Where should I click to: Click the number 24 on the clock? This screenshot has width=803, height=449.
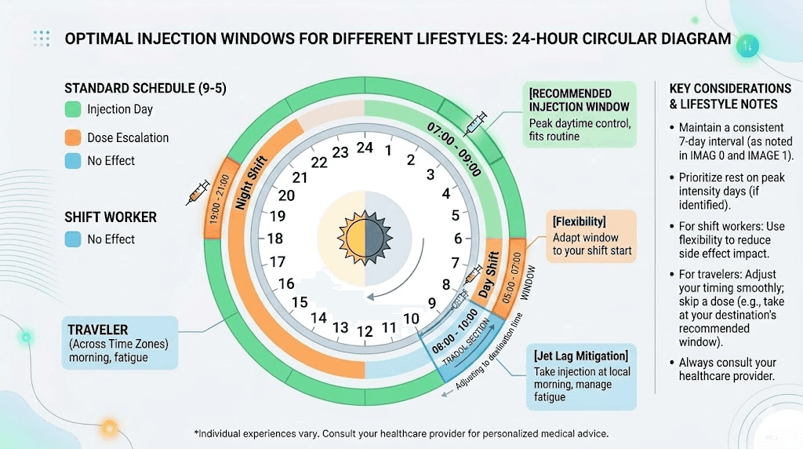(364, 147)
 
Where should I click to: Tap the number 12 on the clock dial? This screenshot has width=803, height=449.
(364, 332)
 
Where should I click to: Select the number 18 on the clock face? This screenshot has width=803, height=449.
(275, 239)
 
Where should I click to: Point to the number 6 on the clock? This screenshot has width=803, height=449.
(458, 239)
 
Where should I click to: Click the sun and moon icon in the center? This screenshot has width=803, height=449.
(364, 237)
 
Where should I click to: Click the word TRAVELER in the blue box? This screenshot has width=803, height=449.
(98, 330)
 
